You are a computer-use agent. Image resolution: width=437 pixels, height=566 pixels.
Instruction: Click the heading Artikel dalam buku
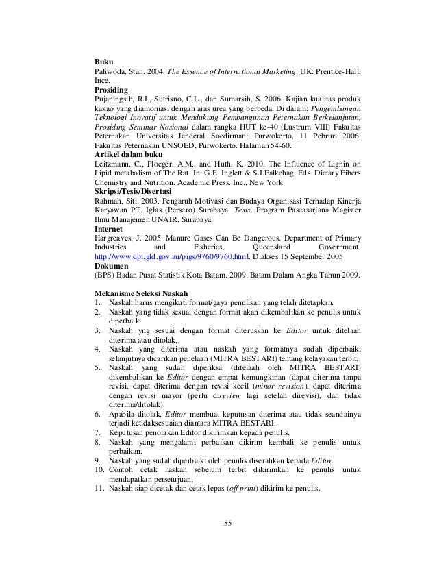coord(129,155)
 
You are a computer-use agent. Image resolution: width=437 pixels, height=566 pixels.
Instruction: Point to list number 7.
coord(97,432)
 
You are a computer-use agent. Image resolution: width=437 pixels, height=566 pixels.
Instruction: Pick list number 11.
coord(99,489)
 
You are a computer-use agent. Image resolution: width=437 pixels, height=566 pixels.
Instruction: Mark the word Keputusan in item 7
coord(127,432)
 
